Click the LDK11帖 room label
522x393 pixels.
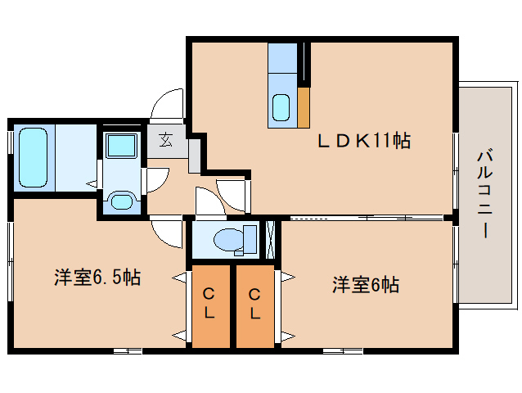[x=364, y=141]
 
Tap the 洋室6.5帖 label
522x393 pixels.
[x=97, y=277]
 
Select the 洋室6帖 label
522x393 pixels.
[x=366, y=285]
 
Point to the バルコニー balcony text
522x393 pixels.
[x=484, y=194]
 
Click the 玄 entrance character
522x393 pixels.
[x=166, y=140]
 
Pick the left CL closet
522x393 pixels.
[x=211, y=306]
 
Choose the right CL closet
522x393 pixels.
[x=255, y=306]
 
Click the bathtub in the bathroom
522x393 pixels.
[x=33, y=158]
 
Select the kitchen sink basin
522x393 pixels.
[x=281, y=107]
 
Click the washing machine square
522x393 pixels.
[x=121, y=145]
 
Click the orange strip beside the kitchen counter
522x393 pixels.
[x=304, y=107]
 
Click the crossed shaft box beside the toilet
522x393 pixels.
[x=271, y=239]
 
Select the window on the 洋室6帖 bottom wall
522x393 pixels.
[x=343, y=350]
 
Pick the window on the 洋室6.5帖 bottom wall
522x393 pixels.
[x=128, y=350]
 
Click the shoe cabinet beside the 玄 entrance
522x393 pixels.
[x=195, y=156]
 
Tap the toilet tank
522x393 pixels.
[x=250, y=239]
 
